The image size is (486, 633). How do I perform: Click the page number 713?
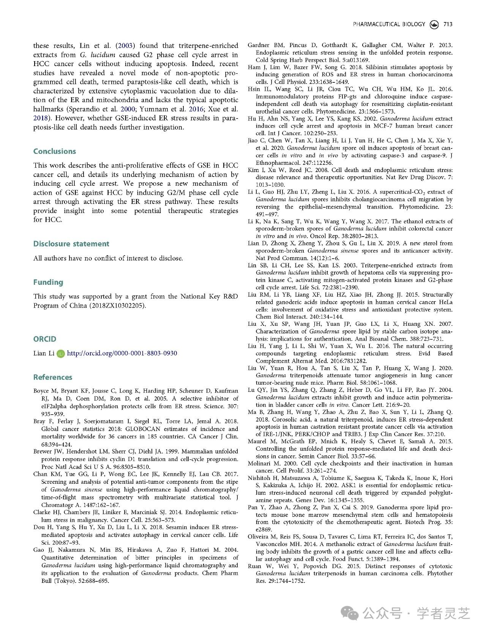pyautogui.click(x=448, y=24)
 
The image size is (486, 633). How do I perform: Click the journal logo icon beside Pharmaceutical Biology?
pyautogui.click(x=434, y=24)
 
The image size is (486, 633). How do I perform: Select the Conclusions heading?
pyautogui.click(x=55, y=151)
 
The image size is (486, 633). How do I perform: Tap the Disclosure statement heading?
pyautogui.click(x=71, y=244)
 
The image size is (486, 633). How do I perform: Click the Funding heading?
pyautogui.click(x=48, y=282)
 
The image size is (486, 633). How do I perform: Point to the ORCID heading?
pyautogui.click(x=45, y=339)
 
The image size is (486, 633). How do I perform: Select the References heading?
pyautogui.click(x=52, y=377)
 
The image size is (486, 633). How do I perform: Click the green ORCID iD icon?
pyautogui.click(x=61, y=354)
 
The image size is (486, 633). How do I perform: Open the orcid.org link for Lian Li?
pyautogui.click(x=122, y=353)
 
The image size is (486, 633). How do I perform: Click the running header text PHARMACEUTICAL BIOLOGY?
pyautogui.click(x=389, y=24)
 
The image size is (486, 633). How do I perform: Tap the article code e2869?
pyautogui.click(x=264, y=529)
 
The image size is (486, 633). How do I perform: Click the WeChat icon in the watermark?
pyautogui.click(x=349, y=613)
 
